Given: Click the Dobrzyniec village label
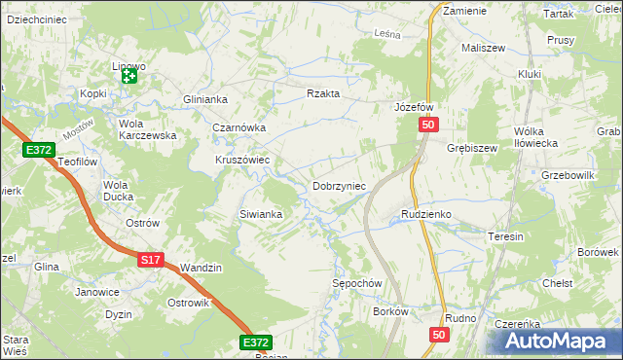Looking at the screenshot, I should click(x=339, y=186).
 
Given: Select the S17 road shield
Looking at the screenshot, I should click(x=150, y=260).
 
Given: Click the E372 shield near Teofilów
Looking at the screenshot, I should click(x=39, y=149).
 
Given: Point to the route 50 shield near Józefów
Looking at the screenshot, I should click(x=431, y=126).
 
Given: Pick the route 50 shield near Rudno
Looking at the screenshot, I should click(x=439, y=335).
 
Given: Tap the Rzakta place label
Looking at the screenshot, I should click(x=323, y=93).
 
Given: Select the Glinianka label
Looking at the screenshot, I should click(x=204, y=99).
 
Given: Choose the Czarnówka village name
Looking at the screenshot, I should click(x=239, y=127).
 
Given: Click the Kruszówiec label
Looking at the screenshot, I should click(x=242, y=160).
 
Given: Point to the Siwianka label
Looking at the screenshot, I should click(x=261, y=214).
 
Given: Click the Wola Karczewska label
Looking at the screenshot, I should click(x=147, y=129).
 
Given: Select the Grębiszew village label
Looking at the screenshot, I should click(x=472, y=149).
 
